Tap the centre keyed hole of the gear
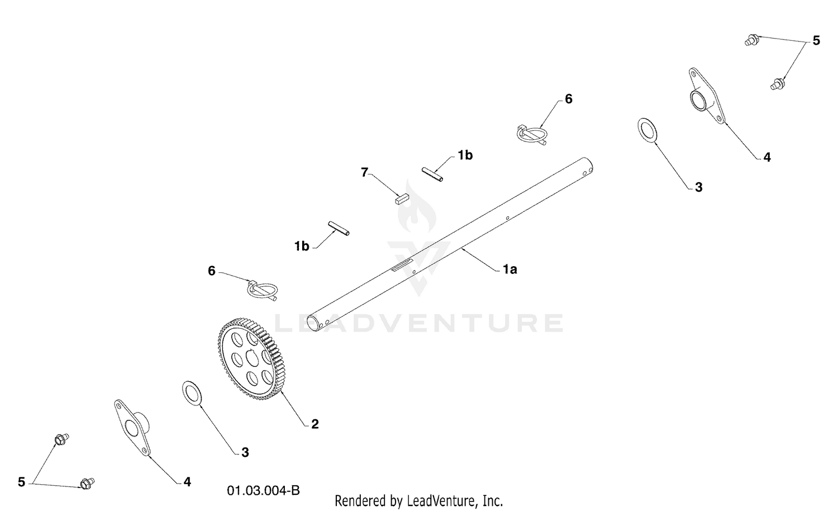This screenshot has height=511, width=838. [253, 358]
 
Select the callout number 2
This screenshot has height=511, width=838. [315, 424]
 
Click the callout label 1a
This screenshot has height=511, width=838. [510, 269]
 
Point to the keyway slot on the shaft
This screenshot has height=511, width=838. [402, 264]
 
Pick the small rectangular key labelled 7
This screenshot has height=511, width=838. [402, 199]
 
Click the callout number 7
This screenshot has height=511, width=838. [364, 172]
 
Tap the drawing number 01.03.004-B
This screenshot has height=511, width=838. [263, 490]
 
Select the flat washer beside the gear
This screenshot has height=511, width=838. [192, 393]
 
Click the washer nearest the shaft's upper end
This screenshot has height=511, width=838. [647, 130]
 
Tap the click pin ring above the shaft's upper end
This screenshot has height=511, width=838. [532, 134]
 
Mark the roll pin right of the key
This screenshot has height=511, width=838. [432, 174]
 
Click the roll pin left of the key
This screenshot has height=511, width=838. [339, 228]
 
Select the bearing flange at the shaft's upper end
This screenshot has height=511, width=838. [706, 96]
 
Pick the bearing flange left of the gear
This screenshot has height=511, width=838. [132, 428]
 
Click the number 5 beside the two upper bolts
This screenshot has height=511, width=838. [816, 40]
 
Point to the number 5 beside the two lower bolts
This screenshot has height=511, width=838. [21, 482]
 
